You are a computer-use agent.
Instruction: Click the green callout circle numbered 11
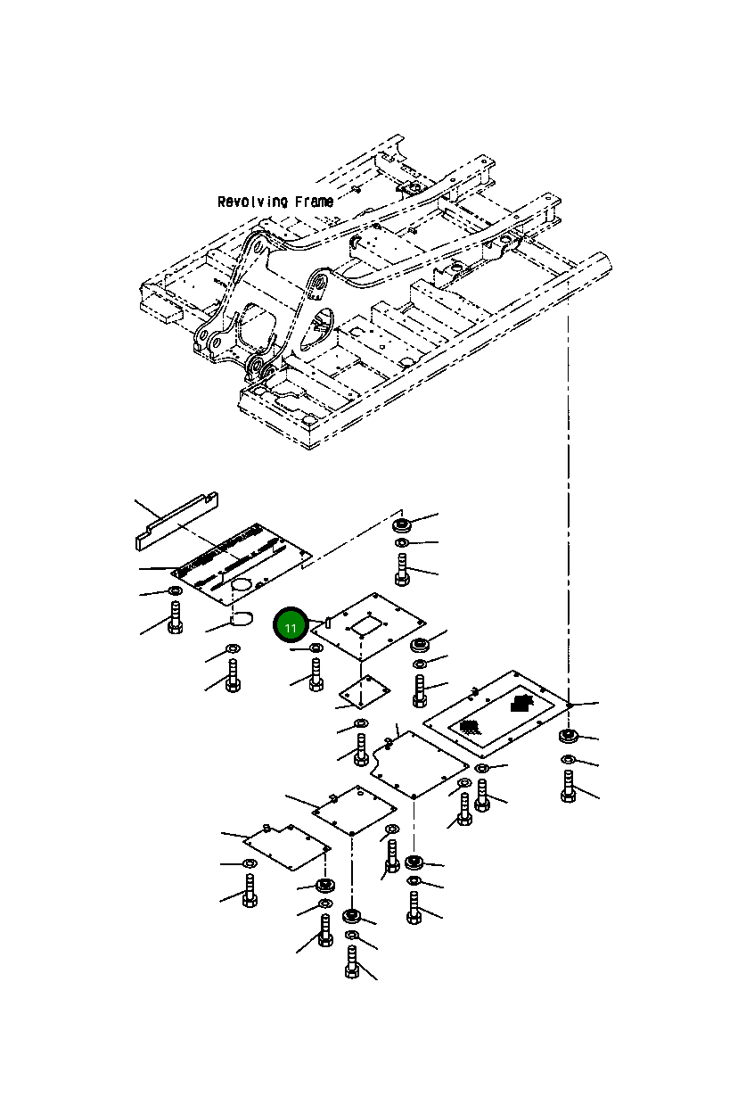pyautogui.click(x=291, y=624)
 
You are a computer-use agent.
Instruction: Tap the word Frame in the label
pyautogui.click(x=315, y=202)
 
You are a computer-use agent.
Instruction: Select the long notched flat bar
pyautogui.click(x=176, y=521)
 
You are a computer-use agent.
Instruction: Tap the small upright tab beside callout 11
pyautogui.click(x=327, y=622)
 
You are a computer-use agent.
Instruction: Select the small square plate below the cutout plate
pyautogui.click(x=365, y=692)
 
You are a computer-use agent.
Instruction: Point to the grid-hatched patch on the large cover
pyautogui.click(x=469, y=728)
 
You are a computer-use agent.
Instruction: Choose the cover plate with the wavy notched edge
pyautogui.click(x=420, y=763)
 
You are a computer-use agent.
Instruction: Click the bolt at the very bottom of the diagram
pyautogui.click(x=351, y=962)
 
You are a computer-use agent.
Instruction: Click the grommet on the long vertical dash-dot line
pyautogui.click(x=568, y=736)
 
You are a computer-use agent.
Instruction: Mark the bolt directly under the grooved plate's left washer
pyautogui.click(x=175, y=617)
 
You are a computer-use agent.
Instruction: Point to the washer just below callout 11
pyautogui.click(x=316, y=648)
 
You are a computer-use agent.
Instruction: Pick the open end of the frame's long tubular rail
pyautogui.click(x=603, y=262)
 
